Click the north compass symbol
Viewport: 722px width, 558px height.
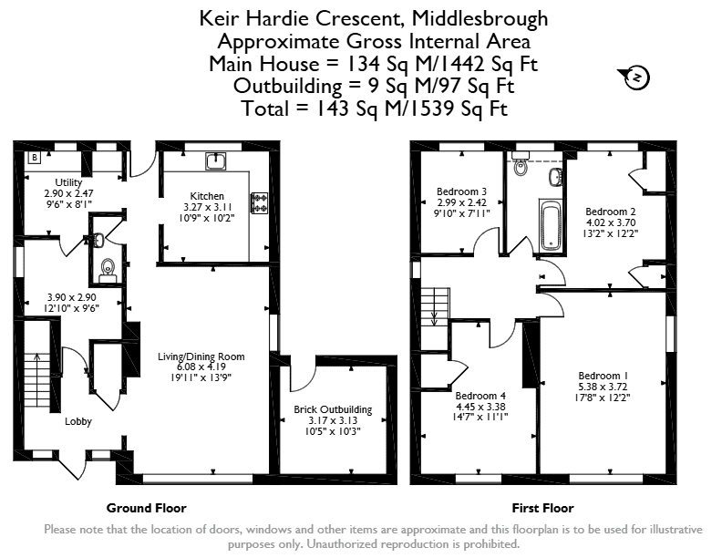[636, 77]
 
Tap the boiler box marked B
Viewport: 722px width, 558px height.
[35, 158]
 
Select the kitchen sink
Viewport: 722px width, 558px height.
[215, 161]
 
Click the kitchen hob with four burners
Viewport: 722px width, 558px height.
[259, 203]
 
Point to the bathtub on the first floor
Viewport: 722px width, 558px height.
[551, 225]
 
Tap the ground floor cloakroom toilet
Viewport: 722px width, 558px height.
[108, 270]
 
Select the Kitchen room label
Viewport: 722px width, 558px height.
[207, 196]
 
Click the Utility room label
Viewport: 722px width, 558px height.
[68, 182]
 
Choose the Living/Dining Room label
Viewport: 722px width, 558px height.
[201, 356]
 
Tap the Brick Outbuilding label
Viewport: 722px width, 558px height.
[333, 409]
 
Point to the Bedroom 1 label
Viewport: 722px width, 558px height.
[603, 376]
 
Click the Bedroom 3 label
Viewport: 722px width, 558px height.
[462, 191]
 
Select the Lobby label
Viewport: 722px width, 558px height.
[78, 421]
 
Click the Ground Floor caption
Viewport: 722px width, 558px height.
[147, 508]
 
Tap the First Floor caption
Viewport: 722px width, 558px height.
[543, 508]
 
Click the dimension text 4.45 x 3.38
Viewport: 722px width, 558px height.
[480, 407]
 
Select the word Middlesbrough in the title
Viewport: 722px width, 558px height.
[480, 18]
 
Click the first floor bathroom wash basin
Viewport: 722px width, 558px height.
[555, 177]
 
